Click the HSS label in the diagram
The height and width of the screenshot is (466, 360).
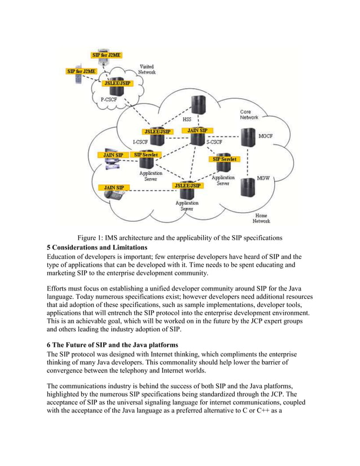click(x=186, y=120)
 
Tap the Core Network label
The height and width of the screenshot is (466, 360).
click(x=249, y=115)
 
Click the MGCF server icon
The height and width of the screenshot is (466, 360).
click(x=247, y=137)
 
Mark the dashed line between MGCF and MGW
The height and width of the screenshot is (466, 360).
click(x=247, y=161)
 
